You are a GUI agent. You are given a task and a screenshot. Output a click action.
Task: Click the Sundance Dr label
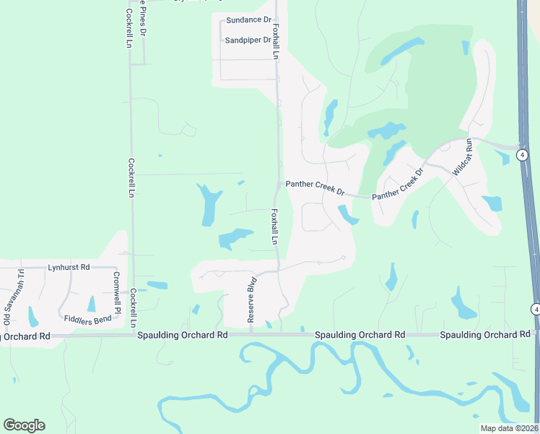[x=248, y=21]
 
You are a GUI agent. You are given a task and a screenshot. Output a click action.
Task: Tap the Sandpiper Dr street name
[x=248, y=41]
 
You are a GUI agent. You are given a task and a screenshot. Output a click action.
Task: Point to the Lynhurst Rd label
[x=69, y=268]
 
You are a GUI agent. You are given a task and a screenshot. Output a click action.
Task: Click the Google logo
[x=24, y=425]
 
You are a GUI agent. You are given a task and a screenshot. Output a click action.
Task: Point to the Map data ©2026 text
[x=510, y=428]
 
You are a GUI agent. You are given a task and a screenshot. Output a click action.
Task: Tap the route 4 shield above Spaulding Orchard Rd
[x=535, y=310]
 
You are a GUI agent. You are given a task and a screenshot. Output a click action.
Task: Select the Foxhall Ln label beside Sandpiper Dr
[x=276, y=40]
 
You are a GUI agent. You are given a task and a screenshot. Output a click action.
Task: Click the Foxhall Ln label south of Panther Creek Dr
[x=275, y=226]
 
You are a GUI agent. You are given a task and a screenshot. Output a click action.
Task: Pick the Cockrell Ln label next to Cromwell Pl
[x=133, y=307]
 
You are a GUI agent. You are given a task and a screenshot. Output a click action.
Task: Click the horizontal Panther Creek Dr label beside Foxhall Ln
[x=315, y=187]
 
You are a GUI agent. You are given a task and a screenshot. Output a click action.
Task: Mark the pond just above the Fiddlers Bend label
[x=91, y=304]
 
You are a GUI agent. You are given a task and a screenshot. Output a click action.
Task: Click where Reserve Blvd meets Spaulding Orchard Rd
[x=251, y=334]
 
